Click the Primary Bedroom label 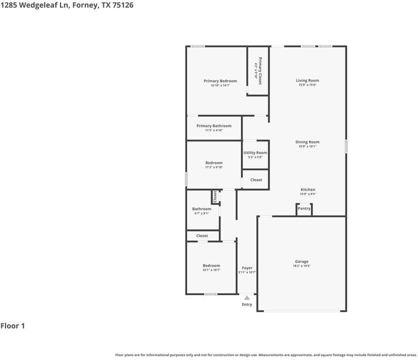click(220, 81)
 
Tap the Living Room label click(307, 80)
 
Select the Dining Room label click(307, 142)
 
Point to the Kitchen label click(307, 190)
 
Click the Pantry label click(304, 208)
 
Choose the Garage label click(301, 262)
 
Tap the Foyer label click(247, 268)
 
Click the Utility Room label click(255, 153)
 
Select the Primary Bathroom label click(214, 126)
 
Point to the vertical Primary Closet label click(260, 71)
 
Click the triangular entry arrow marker click(247, 298)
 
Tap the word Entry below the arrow click(247, 304)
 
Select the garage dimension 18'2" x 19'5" click(301, 266)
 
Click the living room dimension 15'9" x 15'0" click(307, 85)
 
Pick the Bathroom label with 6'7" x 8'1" click(201, 209)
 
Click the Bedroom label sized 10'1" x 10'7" click(211, 265)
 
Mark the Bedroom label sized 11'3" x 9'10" click(214, 163)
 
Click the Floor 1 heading click(13, 326)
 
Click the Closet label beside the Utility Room click(256, 180)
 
